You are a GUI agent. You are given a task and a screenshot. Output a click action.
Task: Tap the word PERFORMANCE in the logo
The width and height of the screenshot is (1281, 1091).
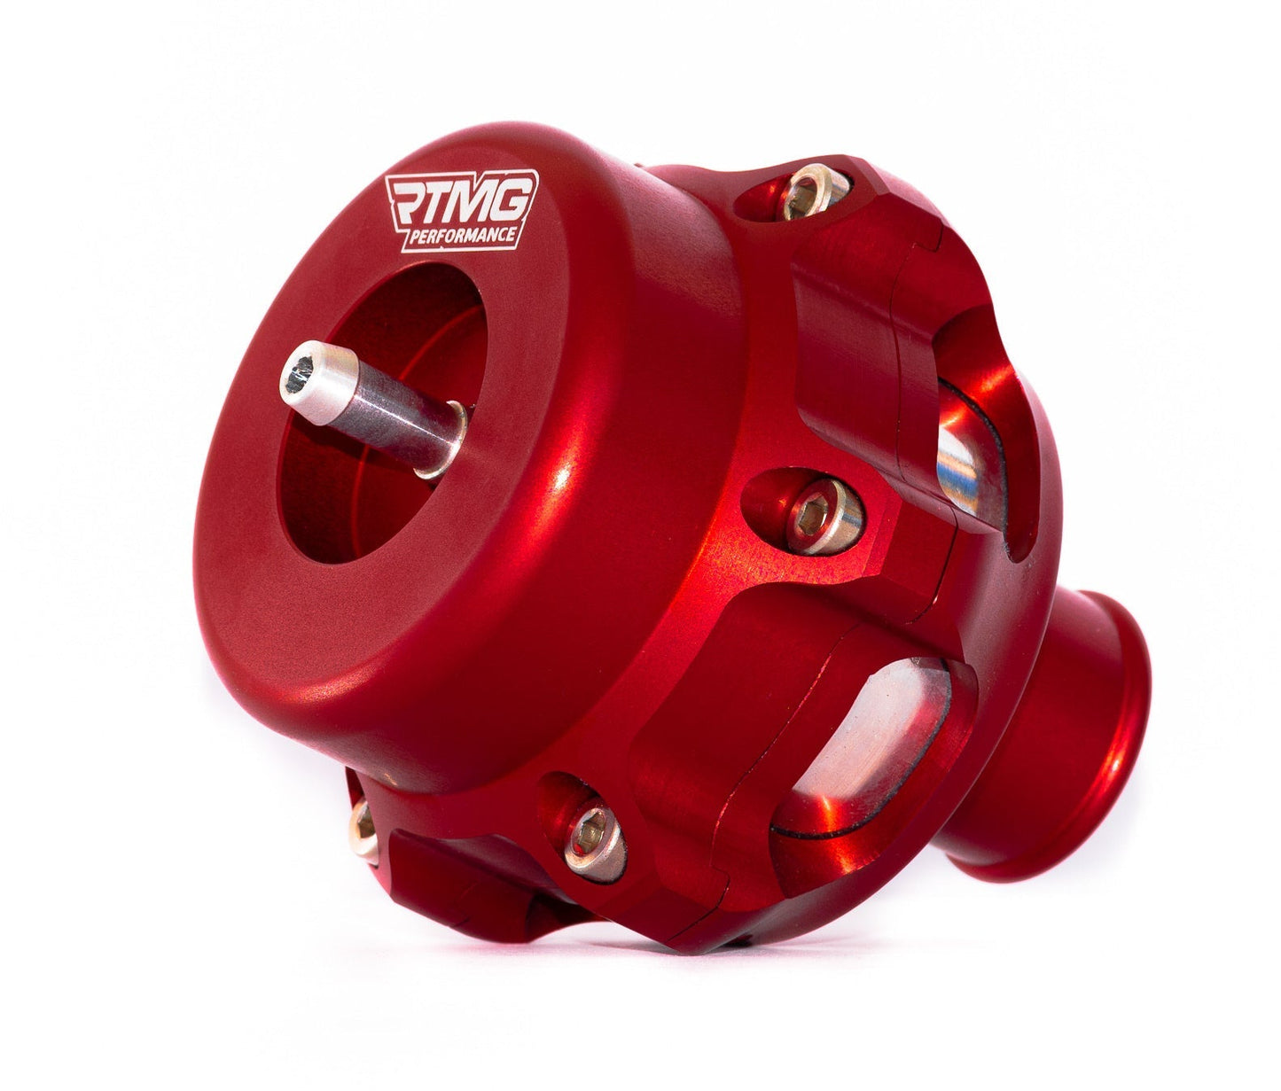[467, 236]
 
